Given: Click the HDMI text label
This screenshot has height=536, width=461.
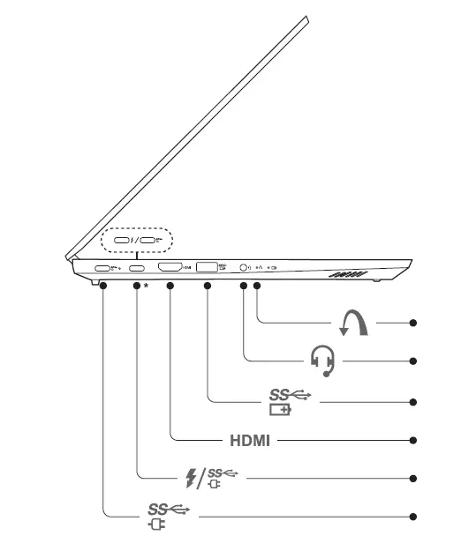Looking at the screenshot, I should [249, 440].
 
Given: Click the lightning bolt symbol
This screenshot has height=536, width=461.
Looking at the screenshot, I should [189, 478].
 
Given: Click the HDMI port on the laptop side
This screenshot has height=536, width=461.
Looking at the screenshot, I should [169, 267].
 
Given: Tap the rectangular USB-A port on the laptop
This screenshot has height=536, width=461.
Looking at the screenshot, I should [207, 266].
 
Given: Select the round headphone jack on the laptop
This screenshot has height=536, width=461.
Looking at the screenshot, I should [243, 267].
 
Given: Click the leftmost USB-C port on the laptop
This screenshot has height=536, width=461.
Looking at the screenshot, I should [102, 268].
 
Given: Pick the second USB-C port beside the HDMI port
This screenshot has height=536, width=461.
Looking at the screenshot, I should [137, 268].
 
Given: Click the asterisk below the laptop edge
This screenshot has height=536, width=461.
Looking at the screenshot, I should [146, 286].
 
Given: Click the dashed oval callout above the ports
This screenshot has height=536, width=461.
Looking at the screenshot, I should [137, 239].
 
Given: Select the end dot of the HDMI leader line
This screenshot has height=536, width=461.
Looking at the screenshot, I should [413, 440].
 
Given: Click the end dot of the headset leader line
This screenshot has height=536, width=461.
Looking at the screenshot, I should [413, 360].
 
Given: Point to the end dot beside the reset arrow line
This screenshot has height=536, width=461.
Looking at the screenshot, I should [413, 323].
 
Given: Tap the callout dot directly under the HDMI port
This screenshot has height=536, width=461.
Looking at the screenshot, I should [170, 286].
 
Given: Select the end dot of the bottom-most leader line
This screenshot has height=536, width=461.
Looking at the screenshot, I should [413, 516].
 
